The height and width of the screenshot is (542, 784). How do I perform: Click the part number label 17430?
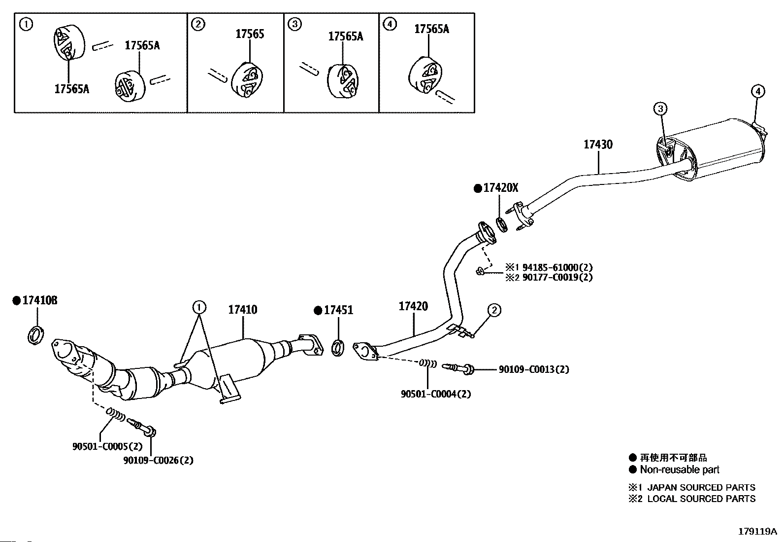(598, 145)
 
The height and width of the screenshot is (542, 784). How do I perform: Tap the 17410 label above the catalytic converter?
(242, 310)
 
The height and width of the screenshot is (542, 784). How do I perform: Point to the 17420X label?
(500, 188)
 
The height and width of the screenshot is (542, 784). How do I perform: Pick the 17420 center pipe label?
(413, 306)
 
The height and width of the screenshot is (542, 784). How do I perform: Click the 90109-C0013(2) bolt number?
(534, 369)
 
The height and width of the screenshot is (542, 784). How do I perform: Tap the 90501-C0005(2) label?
(107, 447)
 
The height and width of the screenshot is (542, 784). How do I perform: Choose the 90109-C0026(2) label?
(158, 460)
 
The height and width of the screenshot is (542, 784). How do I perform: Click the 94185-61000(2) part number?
(557, 267)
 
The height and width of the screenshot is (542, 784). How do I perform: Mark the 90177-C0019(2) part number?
(557, 277)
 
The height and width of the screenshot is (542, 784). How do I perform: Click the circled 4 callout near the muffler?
(758, 91)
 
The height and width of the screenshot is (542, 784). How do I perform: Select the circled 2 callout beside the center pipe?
(494, 310)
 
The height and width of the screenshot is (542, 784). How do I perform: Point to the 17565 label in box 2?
(250, 34)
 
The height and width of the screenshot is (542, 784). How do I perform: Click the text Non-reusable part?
(680, 470)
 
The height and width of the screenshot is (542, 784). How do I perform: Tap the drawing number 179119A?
(757, 532)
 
